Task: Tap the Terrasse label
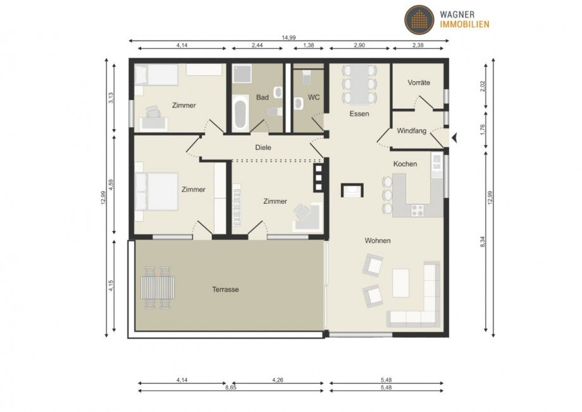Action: click(x=225, y=289)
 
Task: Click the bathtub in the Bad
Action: click(x=240, y=114)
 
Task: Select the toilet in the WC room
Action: click(x=307, y=79)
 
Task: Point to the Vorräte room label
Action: click(x=419, y=82)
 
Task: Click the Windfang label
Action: click(x=412, y=131)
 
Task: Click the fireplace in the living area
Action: click(x=352, y=190)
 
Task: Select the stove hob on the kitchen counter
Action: click(x=418, y=209)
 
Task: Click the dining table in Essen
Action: click(x=359, y=84)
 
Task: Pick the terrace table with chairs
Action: click(x=158, y=287)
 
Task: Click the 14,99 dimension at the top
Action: click(x=288, y=37)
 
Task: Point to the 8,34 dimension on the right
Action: click(x=483, y=241)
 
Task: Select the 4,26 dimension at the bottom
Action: click(x=277, y=380)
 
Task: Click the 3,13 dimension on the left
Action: click(x=111, y=97)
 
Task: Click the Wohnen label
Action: click(x=377, y=240)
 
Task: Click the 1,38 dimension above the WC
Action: click(x=309, y=46)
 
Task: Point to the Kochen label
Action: click(x=405, y=164)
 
